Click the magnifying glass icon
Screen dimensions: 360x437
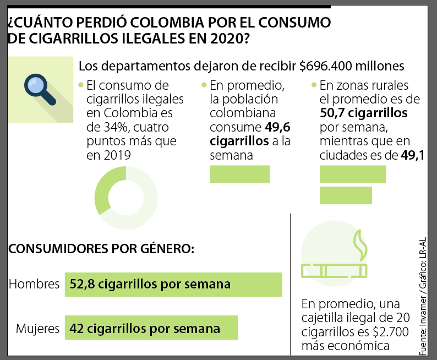click(40, 88)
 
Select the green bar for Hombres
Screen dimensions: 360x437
click(173, 285)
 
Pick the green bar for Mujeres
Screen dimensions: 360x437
click(151, 329)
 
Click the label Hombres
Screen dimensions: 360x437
click(34, 285)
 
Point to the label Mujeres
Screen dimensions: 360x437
click(37, 329)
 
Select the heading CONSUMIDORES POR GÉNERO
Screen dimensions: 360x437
click(102, 248)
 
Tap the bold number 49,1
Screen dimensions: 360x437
click(412, 156)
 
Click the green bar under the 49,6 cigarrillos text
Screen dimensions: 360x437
click(239, 173)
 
